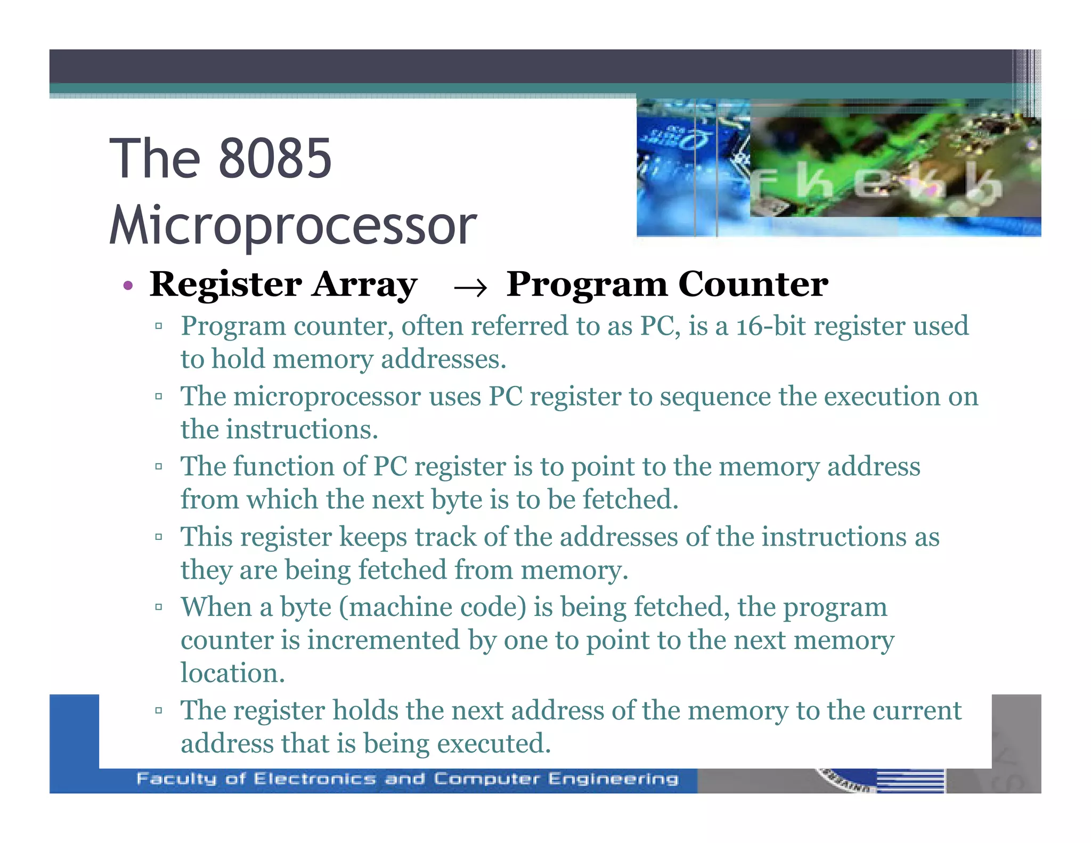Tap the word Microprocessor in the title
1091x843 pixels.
pyautogui.click(x=293, y=225)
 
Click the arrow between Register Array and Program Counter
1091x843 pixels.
pyautogui.click(x=470, y=288)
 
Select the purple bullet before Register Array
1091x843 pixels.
pyautogui.click(x=127, y=286)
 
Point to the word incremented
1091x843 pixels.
pyautogui.click(x=383, y=641)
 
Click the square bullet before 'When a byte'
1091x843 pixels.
pyautogui.click(x=158, y=607)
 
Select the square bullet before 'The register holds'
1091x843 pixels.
pyautogui.click(x=158, y=710)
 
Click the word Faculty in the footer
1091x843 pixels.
pyautogui.click(x=176, y=779)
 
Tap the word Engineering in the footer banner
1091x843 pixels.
pyautogui.click(x=614, y=779)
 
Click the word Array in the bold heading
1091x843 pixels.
pyautogui.click(x=364, y=285)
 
